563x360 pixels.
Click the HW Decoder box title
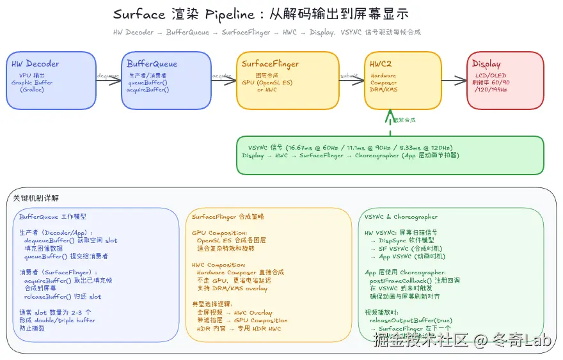pyautogui.click(x=35, y=64)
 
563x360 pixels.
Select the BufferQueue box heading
pyautogui.click(x=152, y=64)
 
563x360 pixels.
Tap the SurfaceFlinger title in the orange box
pyautogui.click(x=270, y=64)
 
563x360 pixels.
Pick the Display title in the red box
pyautogui.click(x=486, y=64)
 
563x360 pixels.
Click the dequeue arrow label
pyautogui.click(x=107, y=75)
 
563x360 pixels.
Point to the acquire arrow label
pyautogui.click(x=222, y=75)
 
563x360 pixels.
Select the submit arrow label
pyautogui.click(x=349, y=75)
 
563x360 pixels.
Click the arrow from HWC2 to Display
pyautogui.click(x=454, y=81)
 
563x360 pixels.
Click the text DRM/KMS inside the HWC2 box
pyautogui.click(x=383, y=90)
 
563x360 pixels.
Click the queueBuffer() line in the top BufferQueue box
pyautogui.click(x=147, y=82)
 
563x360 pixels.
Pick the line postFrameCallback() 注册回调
pyautogui.click(x=415, y=281)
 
